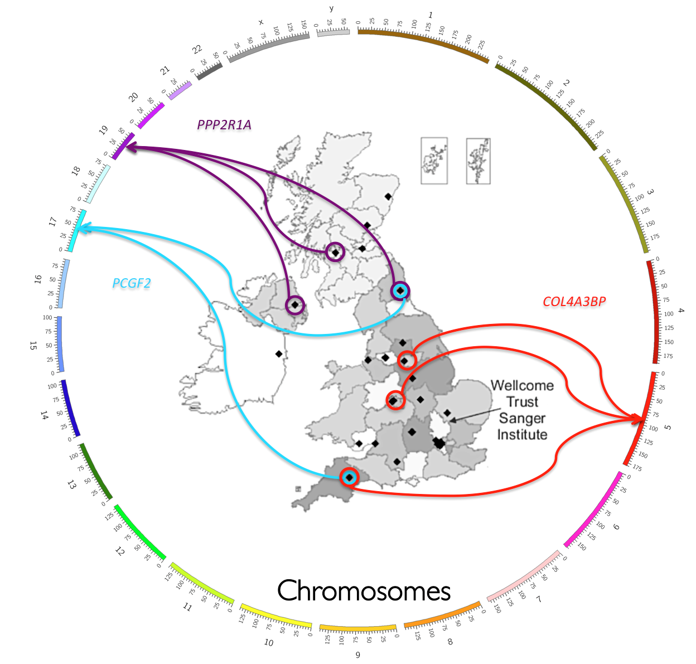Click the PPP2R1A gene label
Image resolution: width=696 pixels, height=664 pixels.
click(x=224, y=125)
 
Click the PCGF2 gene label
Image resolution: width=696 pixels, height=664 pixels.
click(x=132, y=283)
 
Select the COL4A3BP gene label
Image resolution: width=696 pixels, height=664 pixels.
click(x=574, y=302)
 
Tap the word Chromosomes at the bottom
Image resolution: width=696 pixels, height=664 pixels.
click(x=364, y=591)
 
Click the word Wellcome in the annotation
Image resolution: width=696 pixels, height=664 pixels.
click(x=522, y=386)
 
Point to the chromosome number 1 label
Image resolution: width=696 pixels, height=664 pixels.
click(x=430, y=15)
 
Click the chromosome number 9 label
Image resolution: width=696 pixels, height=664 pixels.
click(x=358, y=655)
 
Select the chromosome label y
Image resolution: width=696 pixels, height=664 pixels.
click(x=331, y=8)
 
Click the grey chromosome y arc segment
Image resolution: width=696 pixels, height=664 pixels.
click(x=333, y=33)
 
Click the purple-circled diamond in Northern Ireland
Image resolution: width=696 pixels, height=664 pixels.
click(x=295, y=304)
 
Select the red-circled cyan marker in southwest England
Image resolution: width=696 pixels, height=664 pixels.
click(x=349, y=477)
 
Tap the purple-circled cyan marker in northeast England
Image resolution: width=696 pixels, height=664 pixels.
click(x=400, y=290)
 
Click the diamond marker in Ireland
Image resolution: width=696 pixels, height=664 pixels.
click(x=279, y=354)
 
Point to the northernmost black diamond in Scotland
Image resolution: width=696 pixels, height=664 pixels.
click(x=388, y=196)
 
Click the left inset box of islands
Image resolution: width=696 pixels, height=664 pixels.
click(x=434, y=161)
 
